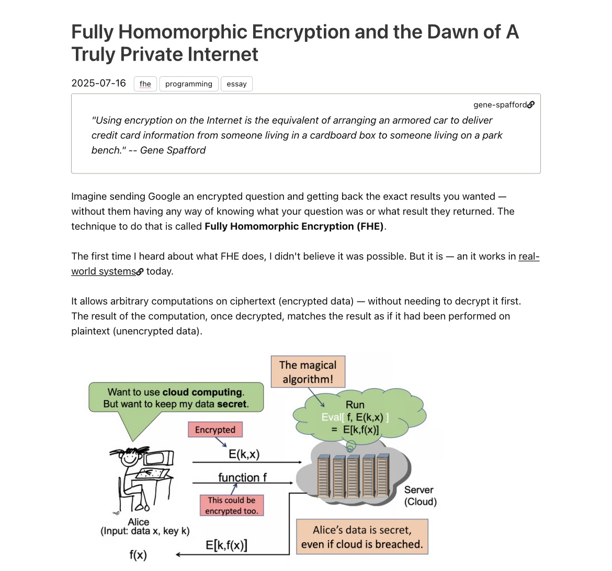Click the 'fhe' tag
point(145,84)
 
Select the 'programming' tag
point(189,84)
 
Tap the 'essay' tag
point(236,84)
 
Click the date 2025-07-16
point(99,83)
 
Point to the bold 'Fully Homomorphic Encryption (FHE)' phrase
point(294,226)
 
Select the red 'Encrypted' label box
point(215,430)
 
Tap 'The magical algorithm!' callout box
point(308,372)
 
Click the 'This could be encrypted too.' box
point(231,505)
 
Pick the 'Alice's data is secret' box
point(362,537)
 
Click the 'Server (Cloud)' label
point(420,496)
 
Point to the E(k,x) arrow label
point(244,454)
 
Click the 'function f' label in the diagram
point(242,477)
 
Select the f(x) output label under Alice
point(138,555)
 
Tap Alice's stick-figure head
point(129,458)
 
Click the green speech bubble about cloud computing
point(176,398)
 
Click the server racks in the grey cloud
point(354,475)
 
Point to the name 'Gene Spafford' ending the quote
point(173,150)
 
